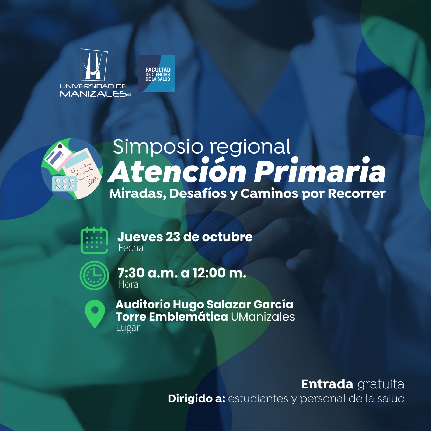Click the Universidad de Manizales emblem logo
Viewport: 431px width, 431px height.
(94, 64)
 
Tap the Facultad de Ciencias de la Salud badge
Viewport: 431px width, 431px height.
(157, 74)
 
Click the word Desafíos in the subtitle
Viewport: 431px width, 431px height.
(198, 193)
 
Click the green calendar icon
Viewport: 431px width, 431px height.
(95, 240)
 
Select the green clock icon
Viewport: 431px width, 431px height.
(94, 275)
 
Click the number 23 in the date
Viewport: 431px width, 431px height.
(173, 237)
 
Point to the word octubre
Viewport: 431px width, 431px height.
(227, 237)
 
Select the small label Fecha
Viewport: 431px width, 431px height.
(131, 248)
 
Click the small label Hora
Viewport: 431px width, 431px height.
(128, 284)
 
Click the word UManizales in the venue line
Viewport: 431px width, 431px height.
(263, 317)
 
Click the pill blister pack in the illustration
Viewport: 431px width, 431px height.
(64, 184)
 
